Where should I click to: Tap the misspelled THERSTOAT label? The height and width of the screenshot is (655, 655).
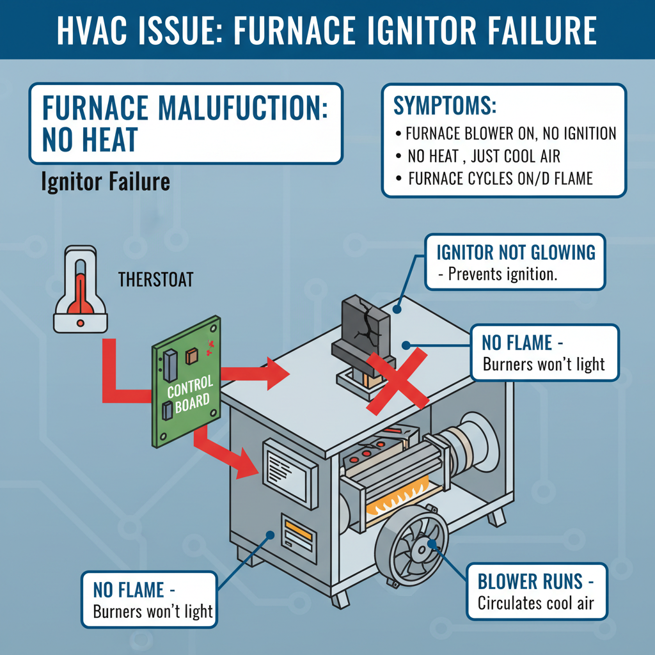155,280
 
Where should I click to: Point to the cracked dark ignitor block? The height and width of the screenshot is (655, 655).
361,333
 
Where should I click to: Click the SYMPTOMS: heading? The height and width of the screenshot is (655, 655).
445,106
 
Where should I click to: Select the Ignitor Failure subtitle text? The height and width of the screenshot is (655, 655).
106,182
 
